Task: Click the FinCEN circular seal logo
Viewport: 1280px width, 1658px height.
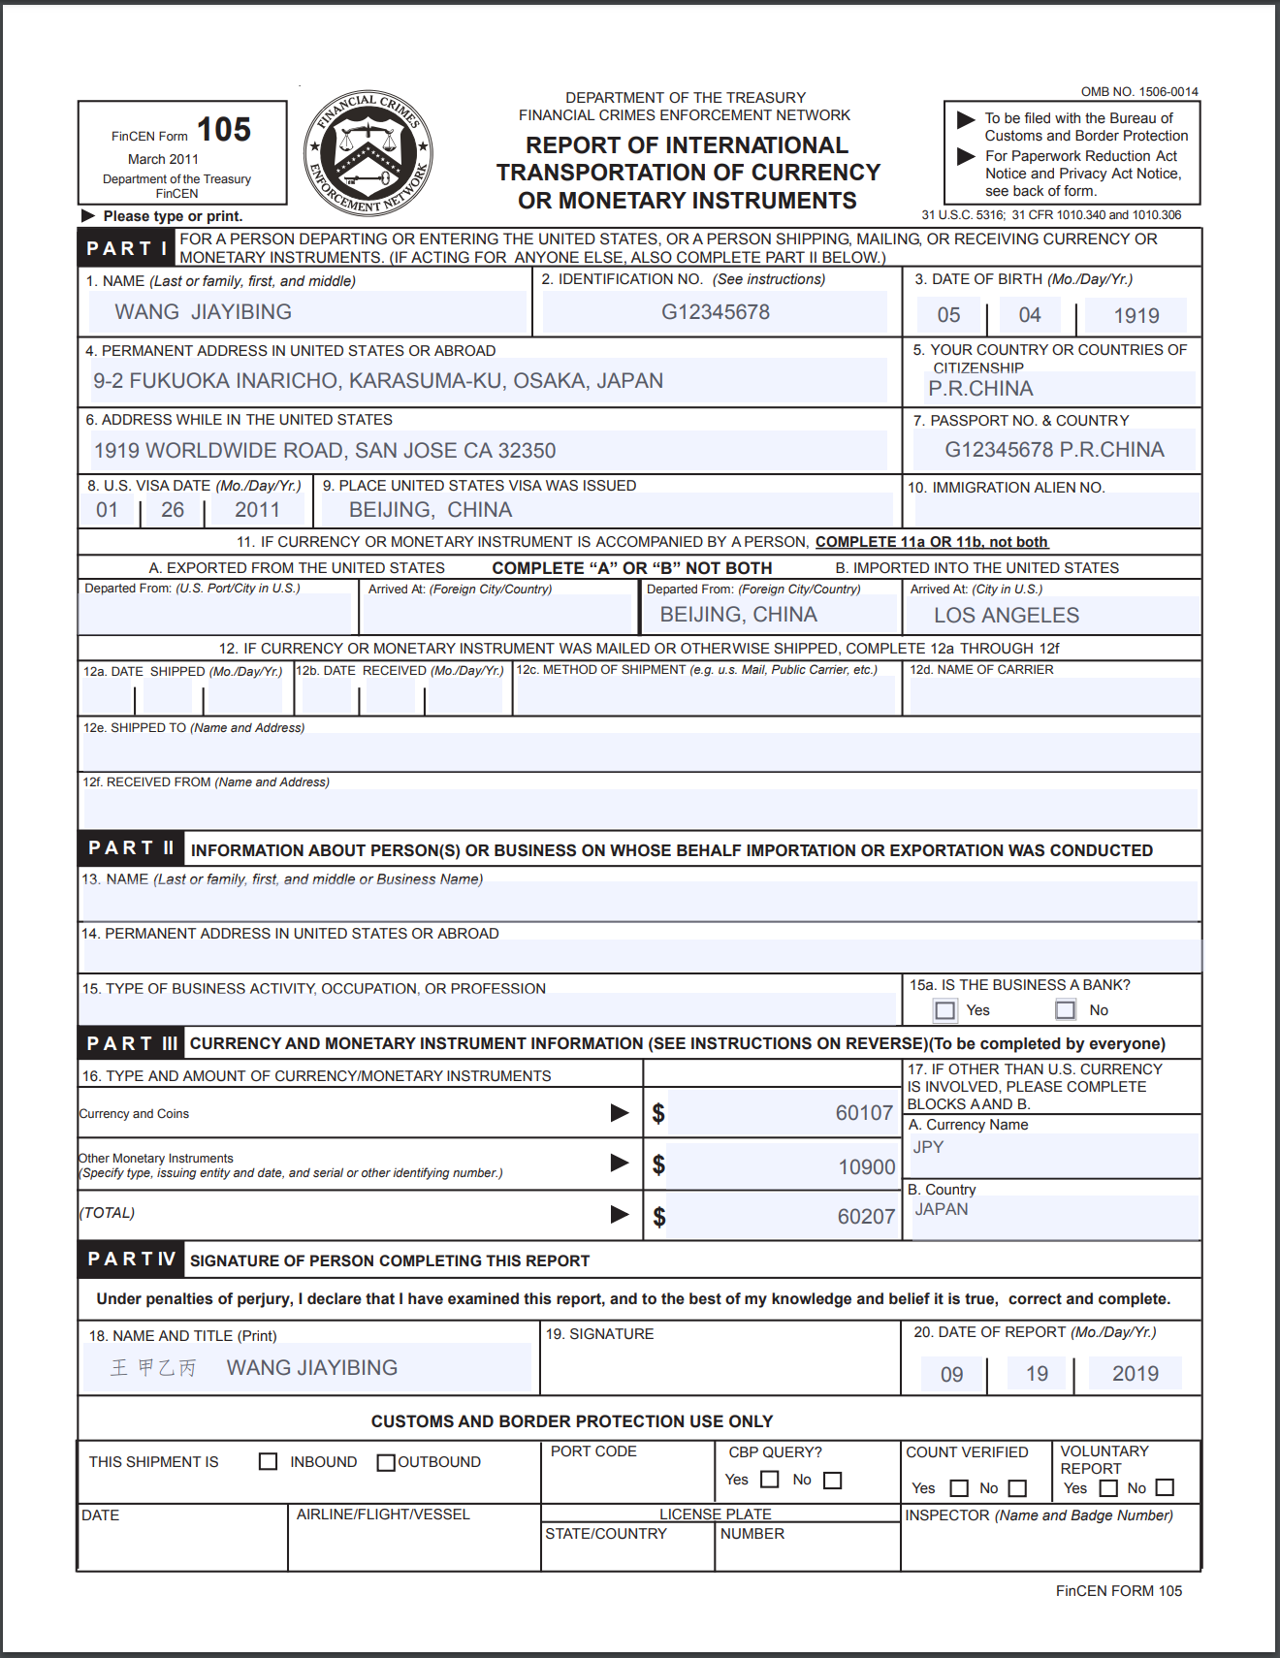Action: click(x=368, y=152)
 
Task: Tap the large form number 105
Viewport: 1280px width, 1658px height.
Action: click(x=224, y=130)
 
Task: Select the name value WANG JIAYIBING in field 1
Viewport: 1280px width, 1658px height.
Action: click(x=204, y=312)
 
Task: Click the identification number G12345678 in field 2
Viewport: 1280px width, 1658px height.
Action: click(x=716, y=312)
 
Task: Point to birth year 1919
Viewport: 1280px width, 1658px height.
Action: click(x=1136, y=316)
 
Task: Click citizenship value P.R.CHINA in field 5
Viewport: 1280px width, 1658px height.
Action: click(x=980, y=389)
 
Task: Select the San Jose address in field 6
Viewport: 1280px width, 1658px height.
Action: click(x=325, y=451)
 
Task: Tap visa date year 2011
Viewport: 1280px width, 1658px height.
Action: click(x=257, y=510)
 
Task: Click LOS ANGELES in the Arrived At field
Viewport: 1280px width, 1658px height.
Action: click(x=1006, y=616)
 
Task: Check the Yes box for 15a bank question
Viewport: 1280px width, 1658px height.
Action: click(x=945, y=1010)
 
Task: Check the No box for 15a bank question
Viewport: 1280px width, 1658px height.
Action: click(x=1066, y=1010)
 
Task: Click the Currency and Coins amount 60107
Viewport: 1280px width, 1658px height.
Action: click(x=863, y=1113)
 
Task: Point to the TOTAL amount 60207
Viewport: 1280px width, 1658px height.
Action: click(x=865, y=1217)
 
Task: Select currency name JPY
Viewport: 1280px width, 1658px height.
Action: click(x=928, y=1147)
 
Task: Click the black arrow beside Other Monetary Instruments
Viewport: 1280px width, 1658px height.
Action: click(x=620, y=1163)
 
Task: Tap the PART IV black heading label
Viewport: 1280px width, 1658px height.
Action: click(x=131, y=1259)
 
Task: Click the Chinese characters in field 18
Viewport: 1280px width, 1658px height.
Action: click(x=153, y=1368)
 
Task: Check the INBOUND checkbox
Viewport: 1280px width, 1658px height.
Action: click(x=269, y=1461)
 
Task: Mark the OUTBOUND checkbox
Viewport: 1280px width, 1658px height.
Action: click(x=386, y=1462)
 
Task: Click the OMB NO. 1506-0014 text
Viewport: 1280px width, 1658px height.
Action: click(x=1139, y=92)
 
